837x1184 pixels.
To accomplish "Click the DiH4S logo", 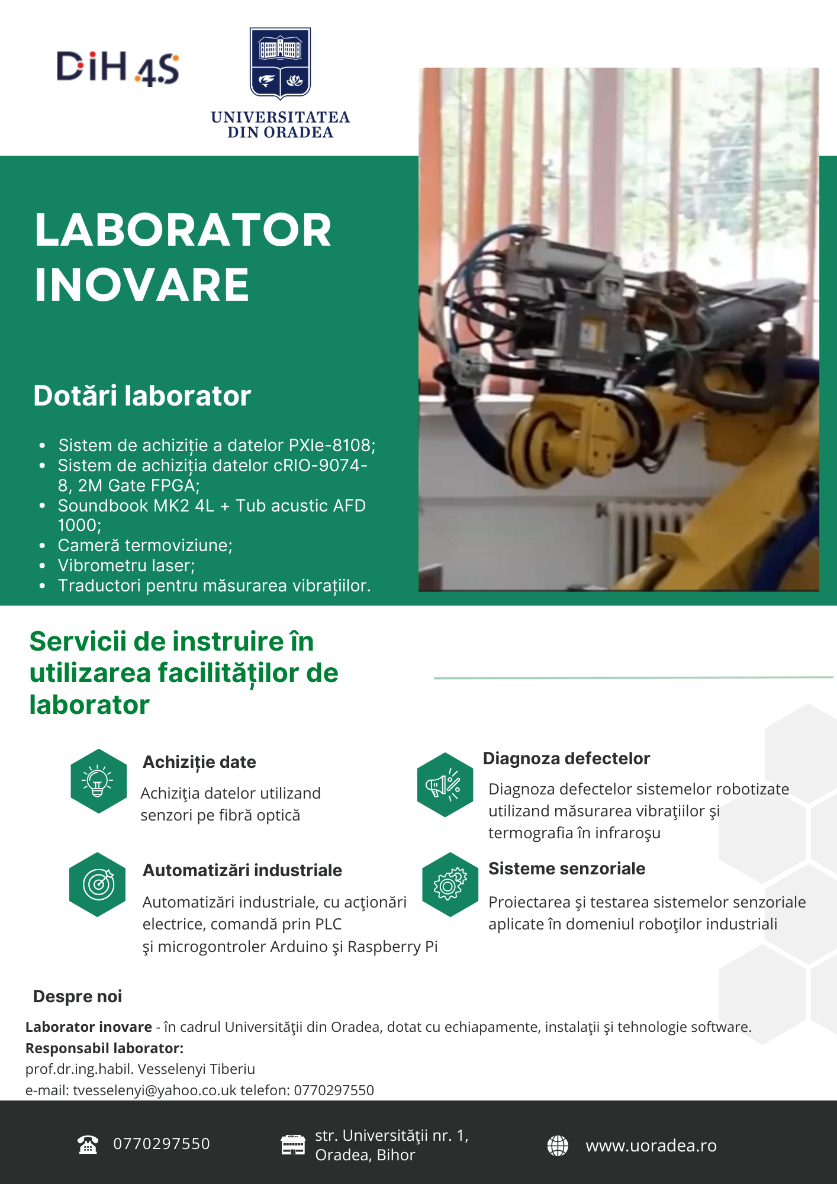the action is pyautogui.click(x=118, y=67).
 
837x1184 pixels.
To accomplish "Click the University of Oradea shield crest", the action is pyautogui.click(x=280, y=63).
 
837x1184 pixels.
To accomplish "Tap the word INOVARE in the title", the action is pyautogui.click(x=142, y=285).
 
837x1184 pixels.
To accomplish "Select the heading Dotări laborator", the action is pyautogui.click(x=142, y=395).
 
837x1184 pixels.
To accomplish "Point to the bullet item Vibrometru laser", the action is pyautogui.click(x=126, y=565).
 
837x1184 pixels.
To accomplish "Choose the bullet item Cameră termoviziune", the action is pyautogui.click(x=145, y=545).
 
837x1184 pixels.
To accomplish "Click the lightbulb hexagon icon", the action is pyautogui.click(x=98, y=781).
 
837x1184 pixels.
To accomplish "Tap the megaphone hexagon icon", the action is pyautogui.click(x=445, y=785).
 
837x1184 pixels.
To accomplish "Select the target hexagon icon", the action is pyautogui.click(x=98, y=884).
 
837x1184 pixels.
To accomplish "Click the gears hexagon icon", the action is pyautogui.click(x=450, y=884).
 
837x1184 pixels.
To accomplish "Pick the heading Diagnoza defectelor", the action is pyautogui.click(x=566, y=758).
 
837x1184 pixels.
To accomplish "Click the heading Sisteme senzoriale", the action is pyautogui.click(x=566, y=868).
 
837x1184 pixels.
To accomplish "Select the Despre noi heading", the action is pyautogui.click(x=78, y=996).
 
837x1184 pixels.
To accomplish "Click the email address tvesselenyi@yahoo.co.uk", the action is pyautogui.click(x=154, y=1090).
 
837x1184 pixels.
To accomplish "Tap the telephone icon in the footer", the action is pyautogui.click(x=88, y=1145).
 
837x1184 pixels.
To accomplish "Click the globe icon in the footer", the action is pyautogui.click(x=558, y=1146).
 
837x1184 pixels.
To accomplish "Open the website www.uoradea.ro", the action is pyautogui.click(x=651, y=1146).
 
